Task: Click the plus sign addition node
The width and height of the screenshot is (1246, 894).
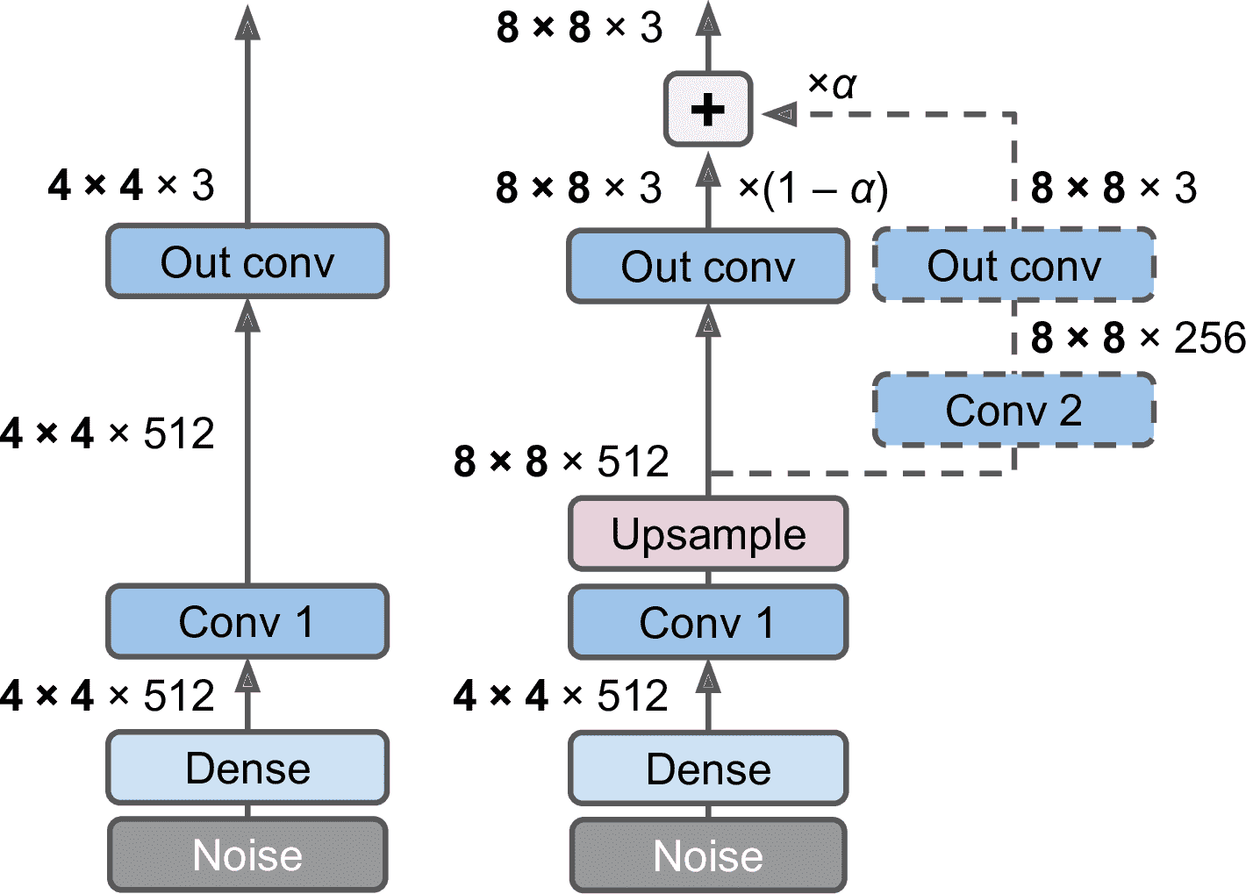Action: (708, 110)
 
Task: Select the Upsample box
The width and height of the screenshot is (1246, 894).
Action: (708, 534)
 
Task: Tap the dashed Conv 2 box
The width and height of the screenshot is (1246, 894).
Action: (1013, 410)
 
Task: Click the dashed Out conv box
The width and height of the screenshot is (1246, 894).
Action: (1013, 266)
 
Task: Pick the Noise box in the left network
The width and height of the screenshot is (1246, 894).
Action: (247, 855)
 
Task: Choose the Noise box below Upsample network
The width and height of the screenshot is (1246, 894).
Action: (708, 856)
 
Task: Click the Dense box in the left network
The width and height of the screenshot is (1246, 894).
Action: (247, 768)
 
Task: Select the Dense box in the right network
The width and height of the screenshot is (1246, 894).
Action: (708, 769)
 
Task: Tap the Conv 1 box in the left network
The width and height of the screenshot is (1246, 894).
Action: (247, 622)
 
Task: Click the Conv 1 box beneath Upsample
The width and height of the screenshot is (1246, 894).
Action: (708, 623)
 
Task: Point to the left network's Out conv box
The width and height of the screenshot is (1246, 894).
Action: (247, 261)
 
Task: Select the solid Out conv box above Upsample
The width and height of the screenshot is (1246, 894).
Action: (708, 267)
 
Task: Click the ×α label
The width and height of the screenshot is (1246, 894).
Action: (831, 84)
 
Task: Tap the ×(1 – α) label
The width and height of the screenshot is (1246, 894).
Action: (813, 189)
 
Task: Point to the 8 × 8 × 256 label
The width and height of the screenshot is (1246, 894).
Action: (1138, 338)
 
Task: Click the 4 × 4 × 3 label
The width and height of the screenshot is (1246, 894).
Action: (132, 185)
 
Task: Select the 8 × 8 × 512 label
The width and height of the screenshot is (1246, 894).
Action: (562, 461)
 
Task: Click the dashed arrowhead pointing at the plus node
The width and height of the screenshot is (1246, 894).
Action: (779, 114)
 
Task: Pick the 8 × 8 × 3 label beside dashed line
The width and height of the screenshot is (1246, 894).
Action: (1114, 188)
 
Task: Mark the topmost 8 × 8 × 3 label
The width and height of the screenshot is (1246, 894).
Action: (579, 28)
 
